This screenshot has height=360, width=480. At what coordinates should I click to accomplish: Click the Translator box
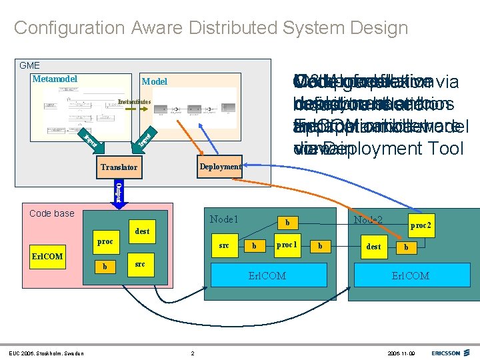[x=120, y=168]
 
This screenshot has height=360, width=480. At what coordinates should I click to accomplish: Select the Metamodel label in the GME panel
[x=55, y=79]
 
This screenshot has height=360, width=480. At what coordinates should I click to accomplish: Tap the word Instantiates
[x=134, y=101]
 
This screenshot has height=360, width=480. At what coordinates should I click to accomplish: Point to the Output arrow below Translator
[x=118, y=191]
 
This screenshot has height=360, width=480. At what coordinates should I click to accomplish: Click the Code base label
[x=52, y=213]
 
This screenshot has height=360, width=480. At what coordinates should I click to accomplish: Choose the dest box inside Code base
[x=142, y=231]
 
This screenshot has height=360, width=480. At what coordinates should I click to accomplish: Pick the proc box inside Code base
[x=105, y=242]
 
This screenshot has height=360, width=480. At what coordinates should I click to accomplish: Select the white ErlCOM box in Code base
[x=47, y=257]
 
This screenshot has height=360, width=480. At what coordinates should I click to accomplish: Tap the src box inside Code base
[x=140, y=264]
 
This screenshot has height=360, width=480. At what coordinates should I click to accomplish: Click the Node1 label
[x=224, y=219]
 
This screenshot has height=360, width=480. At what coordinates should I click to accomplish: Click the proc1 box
[x=287, y=245]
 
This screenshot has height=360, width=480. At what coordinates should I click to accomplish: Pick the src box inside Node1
[x=224, y=245]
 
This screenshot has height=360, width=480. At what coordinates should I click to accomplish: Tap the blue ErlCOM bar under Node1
[x=267, y=275]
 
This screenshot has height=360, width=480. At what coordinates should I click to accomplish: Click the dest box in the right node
[x=374, y=246]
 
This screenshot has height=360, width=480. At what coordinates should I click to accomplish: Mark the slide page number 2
[x=193, y=353]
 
